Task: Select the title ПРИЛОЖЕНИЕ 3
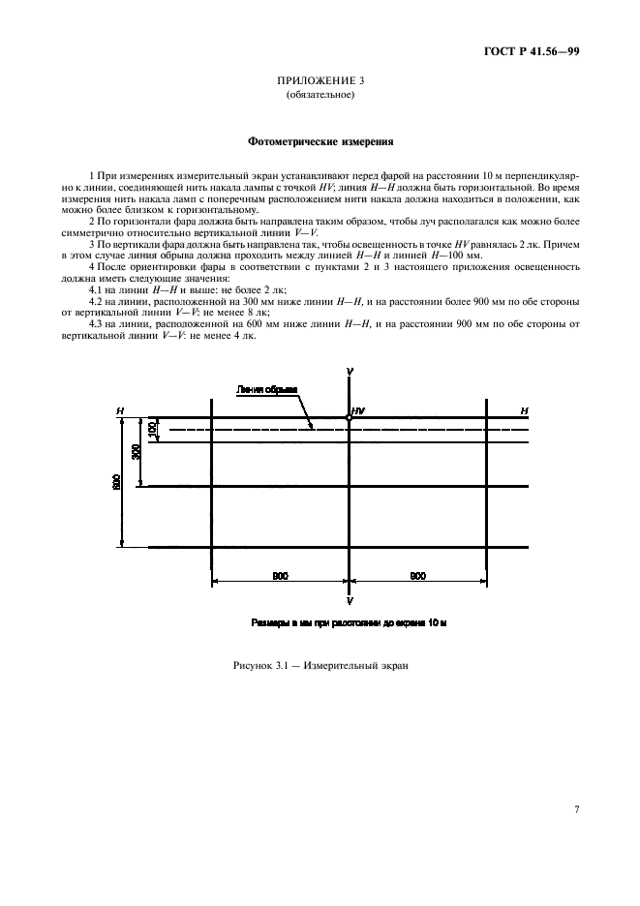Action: click(x=320, y=80)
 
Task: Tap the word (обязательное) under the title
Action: click(x=320, y=96)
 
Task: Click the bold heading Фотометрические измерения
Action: click(x=320, y=141)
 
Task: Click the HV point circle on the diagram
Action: click(x=349, y=418)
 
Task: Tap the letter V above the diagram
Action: click(x=349, y=373)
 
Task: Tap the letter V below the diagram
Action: click(x=349, y=601)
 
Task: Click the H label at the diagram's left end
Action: click(x=120, y=411)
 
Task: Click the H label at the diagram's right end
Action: click(x=524, y=411)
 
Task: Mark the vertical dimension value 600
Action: click(x=116, y=482)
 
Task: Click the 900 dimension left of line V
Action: click(x=280, y=576)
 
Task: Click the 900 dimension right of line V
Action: click(x=417, y=576)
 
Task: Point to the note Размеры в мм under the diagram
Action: click(x=348, y=622)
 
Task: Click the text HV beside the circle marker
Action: click(x=359, y=411)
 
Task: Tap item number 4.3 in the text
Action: click(x=97, y=322)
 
